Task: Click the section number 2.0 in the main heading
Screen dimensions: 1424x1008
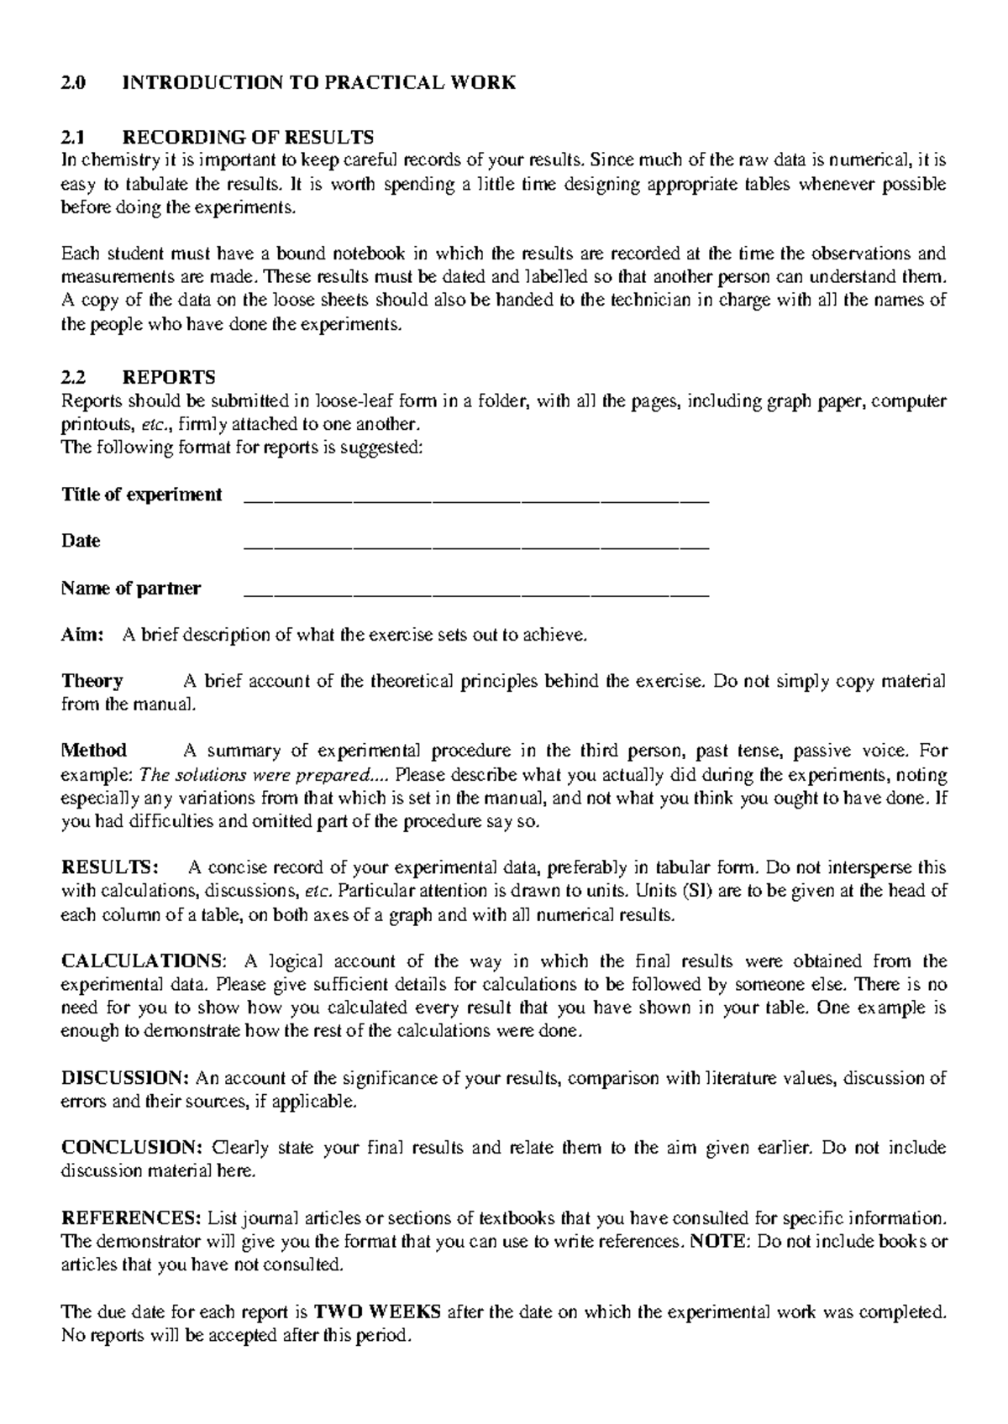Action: [73, 82]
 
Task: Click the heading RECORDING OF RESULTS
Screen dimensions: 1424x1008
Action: [248, 137]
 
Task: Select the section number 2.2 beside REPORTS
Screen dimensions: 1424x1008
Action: [73, 377]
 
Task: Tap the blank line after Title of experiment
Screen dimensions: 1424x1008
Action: [475, 500]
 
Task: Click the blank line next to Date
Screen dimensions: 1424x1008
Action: [475, 547]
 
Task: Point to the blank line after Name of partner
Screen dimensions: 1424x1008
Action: [475, 594]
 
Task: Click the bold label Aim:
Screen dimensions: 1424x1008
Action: [82, 635]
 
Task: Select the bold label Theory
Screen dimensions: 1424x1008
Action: [92, 681]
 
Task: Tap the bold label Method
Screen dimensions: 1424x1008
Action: [94, 751]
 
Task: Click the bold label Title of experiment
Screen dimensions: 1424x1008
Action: [142, 495]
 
